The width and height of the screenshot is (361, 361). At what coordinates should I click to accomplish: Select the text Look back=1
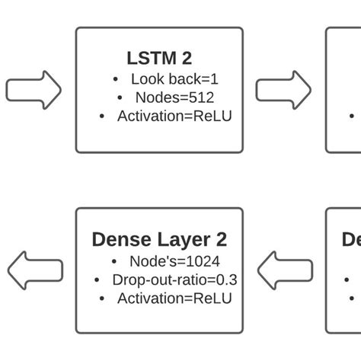pyautogui.click(x=174, y=78)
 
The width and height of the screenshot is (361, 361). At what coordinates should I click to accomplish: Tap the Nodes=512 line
pyautogui.click(x=174, y=97)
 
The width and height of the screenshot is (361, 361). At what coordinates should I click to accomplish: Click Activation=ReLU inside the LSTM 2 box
pyautogui.click(x=174, y=117)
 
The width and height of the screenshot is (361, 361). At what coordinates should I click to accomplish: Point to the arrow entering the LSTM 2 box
pyautogui.click(x=34, y=90)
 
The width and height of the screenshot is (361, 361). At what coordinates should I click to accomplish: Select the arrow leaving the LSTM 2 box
pyautogui.click(x=283, y=90)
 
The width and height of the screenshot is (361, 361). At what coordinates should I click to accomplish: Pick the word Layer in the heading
pyautogui.click(x=181, y=239)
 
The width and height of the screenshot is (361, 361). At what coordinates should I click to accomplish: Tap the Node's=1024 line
pyautogui.click(x=174, y=261)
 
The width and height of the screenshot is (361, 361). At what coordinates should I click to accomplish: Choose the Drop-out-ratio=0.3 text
pyautogui.click(x=174, y=280)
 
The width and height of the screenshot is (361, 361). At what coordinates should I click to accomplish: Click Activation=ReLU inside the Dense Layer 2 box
pyautogui.click(x=174, y=299)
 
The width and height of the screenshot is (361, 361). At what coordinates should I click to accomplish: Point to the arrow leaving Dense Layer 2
pyautogui.click(x=34, y=271)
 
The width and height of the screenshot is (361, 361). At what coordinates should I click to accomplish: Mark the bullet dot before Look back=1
pyautogui.click(x=115, y=79)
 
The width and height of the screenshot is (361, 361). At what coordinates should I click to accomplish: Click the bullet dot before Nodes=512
pyautogui.click(x=120, y=98)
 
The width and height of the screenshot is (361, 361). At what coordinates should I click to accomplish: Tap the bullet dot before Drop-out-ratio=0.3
pyautogui.click(x=97, y=280)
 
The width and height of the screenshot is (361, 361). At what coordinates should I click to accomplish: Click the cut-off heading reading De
pyautogui.click(x=351, y=239)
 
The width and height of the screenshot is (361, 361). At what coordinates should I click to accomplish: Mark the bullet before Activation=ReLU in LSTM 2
pyautogui.click(x=103, y=117)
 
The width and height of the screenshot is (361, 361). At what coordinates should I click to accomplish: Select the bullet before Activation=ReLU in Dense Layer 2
pyautogui.click(x=103, y=299)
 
